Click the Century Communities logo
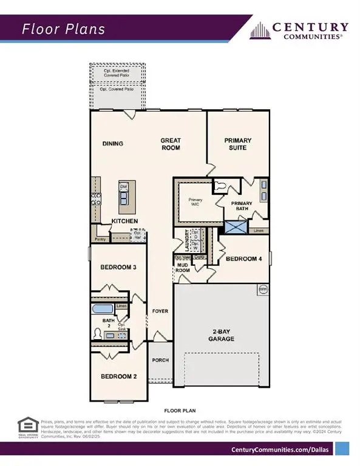[301, 30]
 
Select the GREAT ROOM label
[171, 144]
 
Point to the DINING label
[113, 144]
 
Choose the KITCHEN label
[124, 221]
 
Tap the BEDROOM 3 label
[118, 267]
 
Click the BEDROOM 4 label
[243, 259]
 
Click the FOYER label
[160, 311]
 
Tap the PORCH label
[160, 360]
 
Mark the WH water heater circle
[263, 289]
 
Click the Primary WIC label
[195, 202]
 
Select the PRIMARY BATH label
[241, 206]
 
